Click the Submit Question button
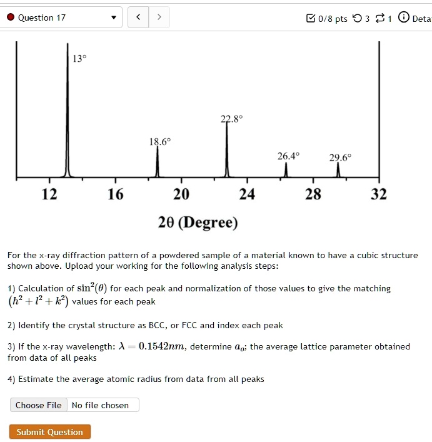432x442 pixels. (x=50, y=431)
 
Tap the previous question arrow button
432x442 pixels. (x=138, y=18)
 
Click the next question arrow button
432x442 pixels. (x=159, y=18)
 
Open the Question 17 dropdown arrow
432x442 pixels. (x=114, y=18)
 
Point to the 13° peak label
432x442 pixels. (x=79, y=58)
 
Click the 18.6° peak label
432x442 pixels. (x=160, y=141)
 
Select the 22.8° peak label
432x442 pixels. (x=232, y=119)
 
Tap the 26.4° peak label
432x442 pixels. (x=288, y=156)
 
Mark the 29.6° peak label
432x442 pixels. (x=341, y=158)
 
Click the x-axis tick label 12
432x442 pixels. (x=49, y=194)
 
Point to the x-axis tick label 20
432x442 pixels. (x=181, y=194)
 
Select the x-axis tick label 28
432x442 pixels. (x=313, y=194)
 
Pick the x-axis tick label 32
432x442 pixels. (x=379, y=194)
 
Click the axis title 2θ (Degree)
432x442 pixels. (x=198, y=223)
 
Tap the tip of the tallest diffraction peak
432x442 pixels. (x=68, y=43)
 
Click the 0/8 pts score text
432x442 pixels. (x=333, y=19)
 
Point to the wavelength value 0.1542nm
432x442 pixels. (x=161, y=346)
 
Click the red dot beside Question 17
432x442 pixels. (x=11, y=18)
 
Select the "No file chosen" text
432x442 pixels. (x=100, y=405)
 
